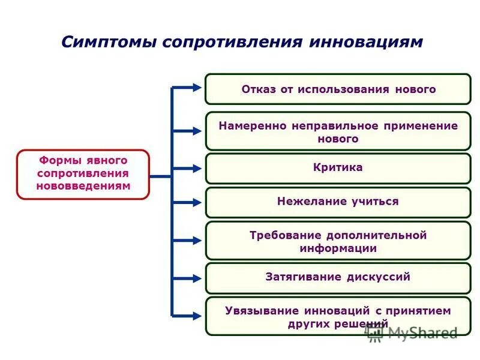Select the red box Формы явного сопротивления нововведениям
pyautogui.click(x=83, y=173)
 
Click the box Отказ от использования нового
pyautogui.click(x=338, y=89)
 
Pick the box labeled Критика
pyautogui.click(x=338, y=168)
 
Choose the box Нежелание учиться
pyautogui.click(x=338, y=202)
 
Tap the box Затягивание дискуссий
pyautogui.click(x=338, y=278)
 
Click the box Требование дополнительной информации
pyautogui.click(x=338, y=241)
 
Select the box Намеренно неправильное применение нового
pyautogui.click(x=338, y=131)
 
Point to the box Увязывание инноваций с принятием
pyautogui.click(x=338, y=316)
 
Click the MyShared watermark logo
pyautogui.click(x=414, y=333)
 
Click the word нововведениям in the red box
pyautogui.click(x=83, y=186)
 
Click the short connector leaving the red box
pyautogui.click(x=160, y=176)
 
